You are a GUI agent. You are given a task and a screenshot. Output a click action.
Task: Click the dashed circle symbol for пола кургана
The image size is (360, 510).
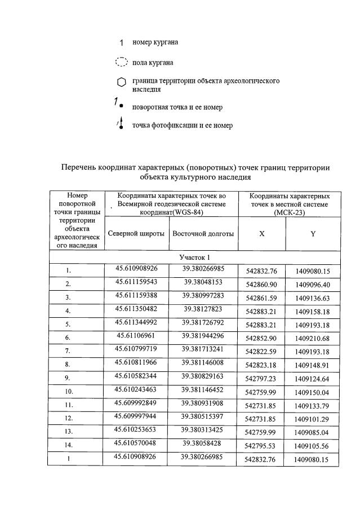click(121, 63)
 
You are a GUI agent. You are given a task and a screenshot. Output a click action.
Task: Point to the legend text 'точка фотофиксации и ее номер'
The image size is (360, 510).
click(182, 125)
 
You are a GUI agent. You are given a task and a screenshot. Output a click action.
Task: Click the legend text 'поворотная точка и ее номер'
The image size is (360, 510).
click(177, 107)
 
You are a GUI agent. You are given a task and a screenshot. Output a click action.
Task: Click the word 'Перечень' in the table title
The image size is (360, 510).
click(78, 167)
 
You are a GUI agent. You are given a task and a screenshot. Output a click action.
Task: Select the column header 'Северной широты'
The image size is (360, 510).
click(136, 233)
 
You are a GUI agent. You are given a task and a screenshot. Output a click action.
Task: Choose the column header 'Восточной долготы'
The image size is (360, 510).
click(203, 233)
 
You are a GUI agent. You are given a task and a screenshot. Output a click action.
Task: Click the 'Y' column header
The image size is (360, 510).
click(313, 234)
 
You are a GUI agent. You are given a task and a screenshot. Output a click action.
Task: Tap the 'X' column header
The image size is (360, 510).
click(261, 234)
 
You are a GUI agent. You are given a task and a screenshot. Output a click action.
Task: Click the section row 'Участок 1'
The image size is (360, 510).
click(194, 258)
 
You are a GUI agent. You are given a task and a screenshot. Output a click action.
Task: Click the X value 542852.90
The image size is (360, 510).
click(261, 338)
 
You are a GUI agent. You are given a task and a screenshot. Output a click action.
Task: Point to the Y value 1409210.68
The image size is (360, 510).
click(313, 338)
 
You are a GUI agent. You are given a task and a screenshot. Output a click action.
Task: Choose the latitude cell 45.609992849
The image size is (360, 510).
click(136, 403)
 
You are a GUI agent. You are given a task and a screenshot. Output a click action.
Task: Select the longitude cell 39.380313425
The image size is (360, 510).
click(203, 431)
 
